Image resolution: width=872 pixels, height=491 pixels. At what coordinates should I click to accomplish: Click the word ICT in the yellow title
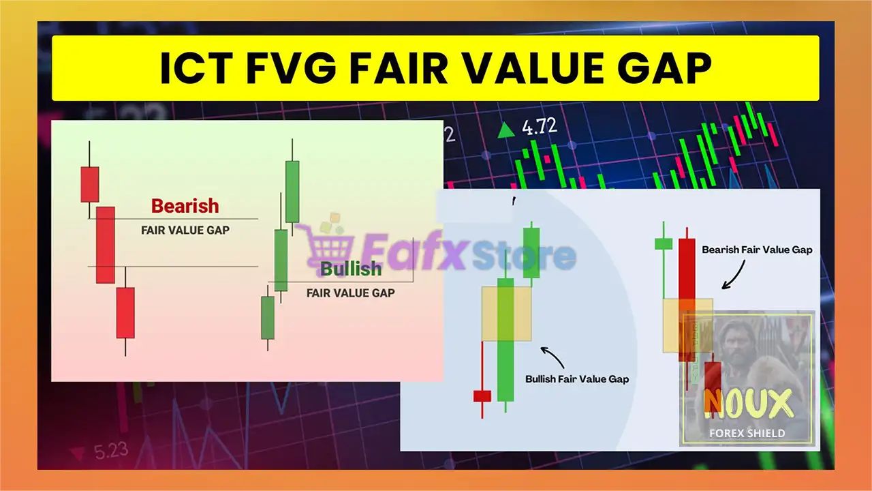coord(197,69)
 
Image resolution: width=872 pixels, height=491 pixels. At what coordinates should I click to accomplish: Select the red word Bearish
coord(185,206)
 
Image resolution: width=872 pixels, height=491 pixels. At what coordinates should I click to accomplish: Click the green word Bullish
coord(351,269)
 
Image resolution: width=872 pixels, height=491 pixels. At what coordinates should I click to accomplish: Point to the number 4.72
coord(539,127)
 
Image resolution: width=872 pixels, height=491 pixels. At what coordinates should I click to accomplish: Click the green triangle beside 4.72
coord(506,130)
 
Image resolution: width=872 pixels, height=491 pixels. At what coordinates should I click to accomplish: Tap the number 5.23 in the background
coord(111,451)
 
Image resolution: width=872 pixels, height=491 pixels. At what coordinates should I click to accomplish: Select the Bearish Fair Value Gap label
coord(757,250)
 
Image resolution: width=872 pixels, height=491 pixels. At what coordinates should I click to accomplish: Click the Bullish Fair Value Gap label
coord(577,379)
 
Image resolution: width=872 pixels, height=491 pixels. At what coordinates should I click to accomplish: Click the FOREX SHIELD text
coord(747,433)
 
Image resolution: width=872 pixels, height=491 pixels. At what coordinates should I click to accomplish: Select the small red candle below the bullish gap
coord(482,396)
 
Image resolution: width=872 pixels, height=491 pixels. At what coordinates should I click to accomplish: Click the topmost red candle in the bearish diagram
coord(90,184)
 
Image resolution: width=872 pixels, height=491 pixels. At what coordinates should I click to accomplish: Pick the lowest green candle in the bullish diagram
coord(268,318)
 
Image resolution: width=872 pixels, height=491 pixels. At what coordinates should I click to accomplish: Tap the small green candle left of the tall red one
coord(664,244)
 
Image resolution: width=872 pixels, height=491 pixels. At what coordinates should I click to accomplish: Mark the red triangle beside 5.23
coord(77,453)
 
